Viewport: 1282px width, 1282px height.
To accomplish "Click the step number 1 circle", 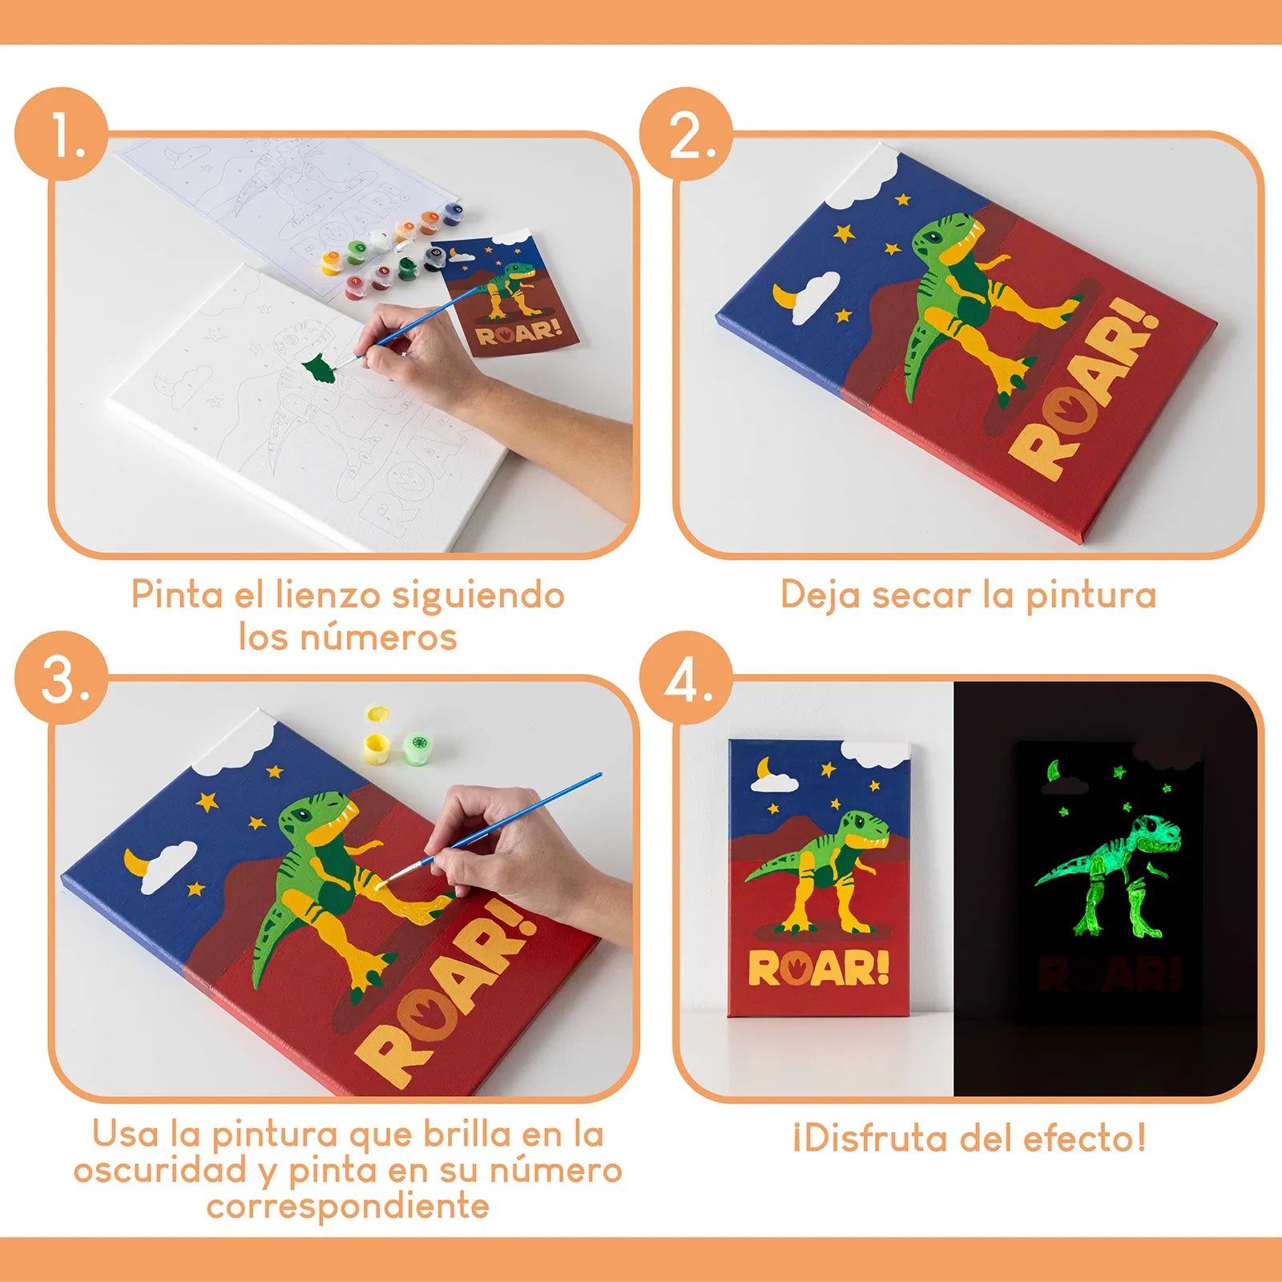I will (62, 134).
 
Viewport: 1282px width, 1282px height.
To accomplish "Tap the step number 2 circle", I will (687, 134).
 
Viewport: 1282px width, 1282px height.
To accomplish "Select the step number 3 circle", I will (62, 678).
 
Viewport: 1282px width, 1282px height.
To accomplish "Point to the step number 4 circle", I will (687, 678).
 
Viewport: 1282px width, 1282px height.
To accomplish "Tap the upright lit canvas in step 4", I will (819, 877).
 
